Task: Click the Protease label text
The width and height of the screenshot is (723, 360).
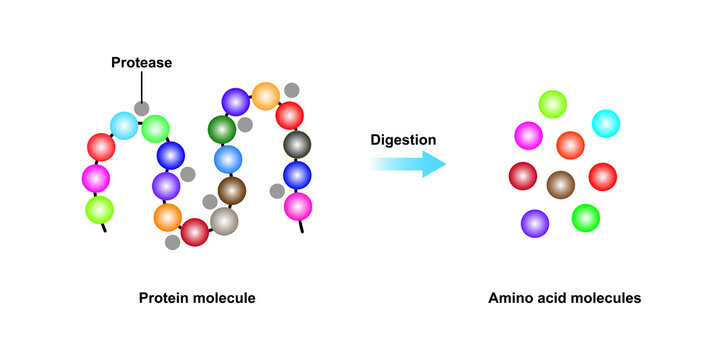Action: (141, 62)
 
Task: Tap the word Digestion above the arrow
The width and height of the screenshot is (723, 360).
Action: (403, 139)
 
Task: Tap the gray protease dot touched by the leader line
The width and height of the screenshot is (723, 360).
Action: (142, 108)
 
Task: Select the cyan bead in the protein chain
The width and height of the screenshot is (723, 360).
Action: (124, 126)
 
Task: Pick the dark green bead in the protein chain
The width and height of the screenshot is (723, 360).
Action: (222, 129)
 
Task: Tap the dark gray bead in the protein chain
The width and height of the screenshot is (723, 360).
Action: (296, 145)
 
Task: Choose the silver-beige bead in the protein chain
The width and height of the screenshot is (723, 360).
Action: (224, 220)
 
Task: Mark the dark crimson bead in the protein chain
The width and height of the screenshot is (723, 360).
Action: (195, 232)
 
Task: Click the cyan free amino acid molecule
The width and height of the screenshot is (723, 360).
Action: (605, 124)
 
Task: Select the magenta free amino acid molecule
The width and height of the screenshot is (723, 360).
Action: (528, 135)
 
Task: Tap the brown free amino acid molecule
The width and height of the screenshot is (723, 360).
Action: (561, 184)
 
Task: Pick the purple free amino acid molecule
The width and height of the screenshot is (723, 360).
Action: (535, 223)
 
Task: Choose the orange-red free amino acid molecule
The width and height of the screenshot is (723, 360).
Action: (570, 145)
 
